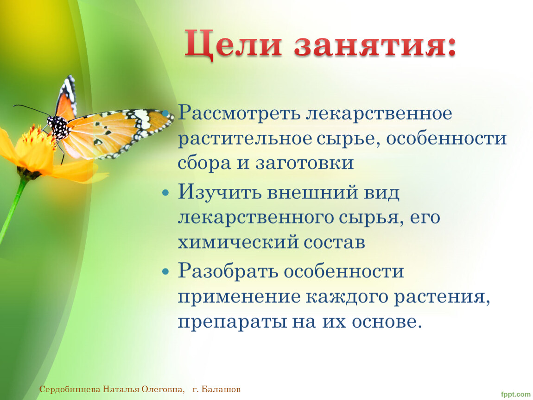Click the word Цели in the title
(233, 44)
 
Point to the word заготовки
(305, 163)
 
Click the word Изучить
(220, 193)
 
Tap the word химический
(238, 243)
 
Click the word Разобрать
(228, 271)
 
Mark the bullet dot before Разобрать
(165, 272)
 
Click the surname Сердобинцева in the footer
(70, 389)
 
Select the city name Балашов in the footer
(221, 389)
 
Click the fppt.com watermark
(516, 394)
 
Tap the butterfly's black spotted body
(58, 127)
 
